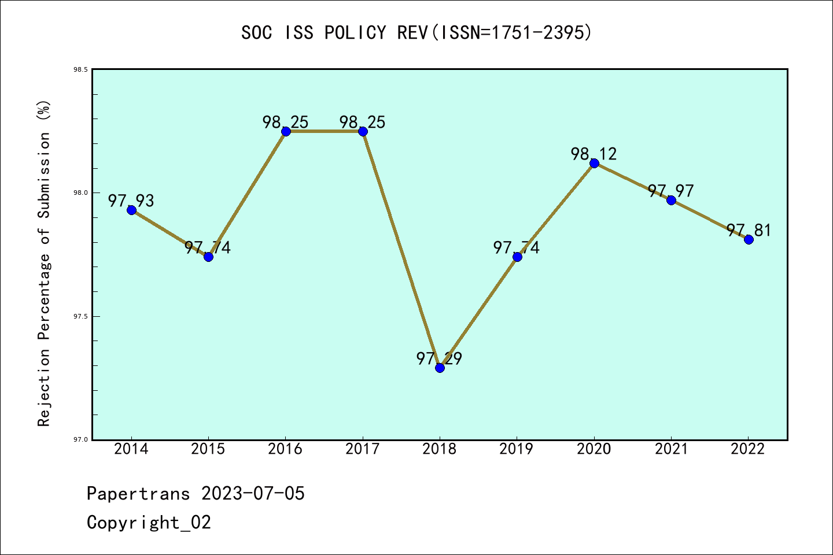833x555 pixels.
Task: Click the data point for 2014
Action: pyautogui.click(x=131, y=210)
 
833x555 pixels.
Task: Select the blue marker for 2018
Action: pyautogui.click(x=440, y=368)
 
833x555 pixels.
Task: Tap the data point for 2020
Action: pyautogui.click(x=594, y=163)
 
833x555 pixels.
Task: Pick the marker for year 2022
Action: pyautogui.click(x=749, y=239)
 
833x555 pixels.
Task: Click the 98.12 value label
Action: pyautogui.click(x=594, y=154)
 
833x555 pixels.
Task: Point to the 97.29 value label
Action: pyautogui.click(x=439, y=358)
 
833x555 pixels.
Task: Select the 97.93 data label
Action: pyautogui.click(x=131, y=201)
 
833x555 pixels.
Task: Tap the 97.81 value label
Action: pyautogui.click(x=749, y=230)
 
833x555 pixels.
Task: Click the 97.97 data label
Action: pyautogui.click(x=670, y=191)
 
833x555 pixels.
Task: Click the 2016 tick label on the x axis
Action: pyautogui.click(x=285, y=449)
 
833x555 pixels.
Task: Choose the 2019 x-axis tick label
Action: pyautogui.click(x=517, y=449)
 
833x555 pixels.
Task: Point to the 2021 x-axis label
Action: pyautogui.click(x=671, y=449)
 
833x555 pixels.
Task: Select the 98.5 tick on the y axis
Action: pyautogui.click(x=80, y=69)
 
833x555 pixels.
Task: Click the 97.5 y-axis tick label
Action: pyautogui.click(x=80, y=316)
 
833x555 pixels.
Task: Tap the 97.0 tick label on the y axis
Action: pyautogui.click(x=80, y=439)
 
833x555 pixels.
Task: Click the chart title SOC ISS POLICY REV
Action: pyautogui.click(x=417, y=32)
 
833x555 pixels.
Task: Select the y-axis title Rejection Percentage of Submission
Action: pyautogui.click(x=44, y=263)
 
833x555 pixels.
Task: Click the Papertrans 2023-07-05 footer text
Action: pyautogui.click(x=196, y=493)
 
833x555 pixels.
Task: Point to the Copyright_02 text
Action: pyautogui.click(x=149, y=522)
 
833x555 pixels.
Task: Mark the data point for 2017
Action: pyautogui.click(x=363, y=131)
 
